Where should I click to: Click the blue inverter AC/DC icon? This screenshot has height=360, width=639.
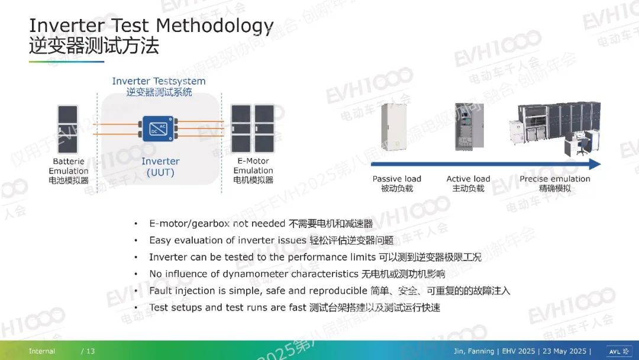159,128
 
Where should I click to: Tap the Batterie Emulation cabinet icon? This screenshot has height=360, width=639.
67,129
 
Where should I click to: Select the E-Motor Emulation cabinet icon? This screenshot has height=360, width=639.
253,128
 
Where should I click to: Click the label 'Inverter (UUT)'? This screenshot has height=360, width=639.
160,167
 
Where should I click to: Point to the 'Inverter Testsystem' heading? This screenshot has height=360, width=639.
159,81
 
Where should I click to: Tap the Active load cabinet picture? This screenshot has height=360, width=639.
469,127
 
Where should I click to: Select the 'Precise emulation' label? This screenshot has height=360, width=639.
554,179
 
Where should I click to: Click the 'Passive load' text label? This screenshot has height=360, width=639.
396,179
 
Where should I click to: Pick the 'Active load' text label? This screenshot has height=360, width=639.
468,179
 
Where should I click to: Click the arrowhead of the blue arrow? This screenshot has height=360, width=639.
595,164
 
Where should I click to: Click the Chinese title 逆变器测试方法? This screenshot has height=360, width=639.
93,45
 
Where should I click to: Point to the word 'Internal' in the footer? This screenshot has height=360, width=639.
41,351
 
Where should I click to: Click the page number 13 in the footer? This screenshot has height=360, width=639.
91,351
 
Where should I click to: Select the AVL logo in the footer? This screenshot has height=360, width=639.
619,352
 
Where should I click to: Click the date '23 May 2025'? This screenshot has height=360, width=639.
564,351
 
